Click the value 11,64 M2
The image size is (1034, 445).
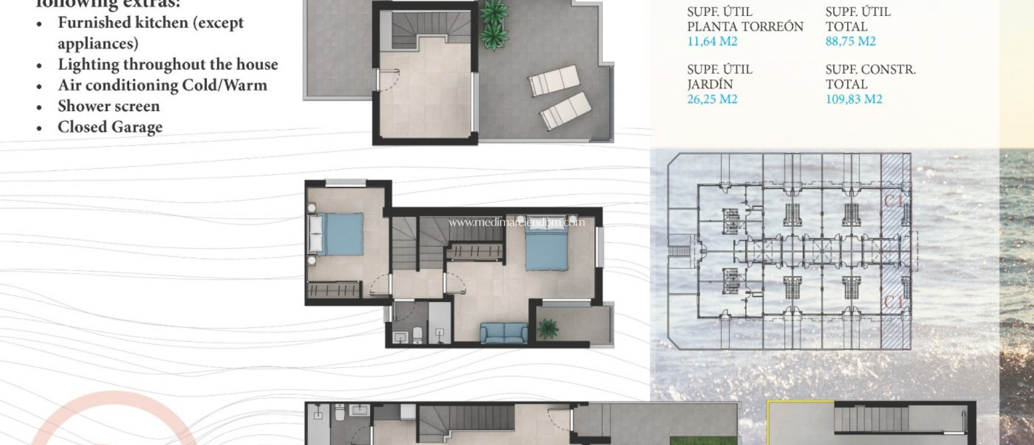[712, 41]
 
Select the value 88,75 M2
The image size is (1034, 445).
[850, 41]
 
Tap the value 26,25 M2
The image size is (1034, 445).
[712, 99]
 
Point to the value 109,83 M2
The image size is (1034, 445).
[854, 99]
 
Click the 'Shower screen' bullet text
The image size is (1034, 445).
[109, 106]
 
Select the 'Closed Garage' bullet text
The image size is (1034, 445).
[110, 127]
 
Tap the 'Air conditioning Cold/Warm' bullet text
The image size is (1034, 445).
[162, 85]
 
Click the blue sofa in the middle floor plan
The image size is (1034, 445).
[503, 333]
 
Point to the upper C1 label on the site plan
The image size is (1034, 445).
[893, 201]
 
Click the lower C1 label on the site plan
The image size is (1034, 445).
[893, 302]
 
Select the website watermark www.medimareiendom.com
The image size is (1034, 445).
[516, 222]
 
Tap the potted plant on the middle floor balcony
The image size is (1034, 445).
[548, 329]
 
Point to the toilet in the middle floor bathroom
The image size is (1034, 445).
[418, 335]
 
